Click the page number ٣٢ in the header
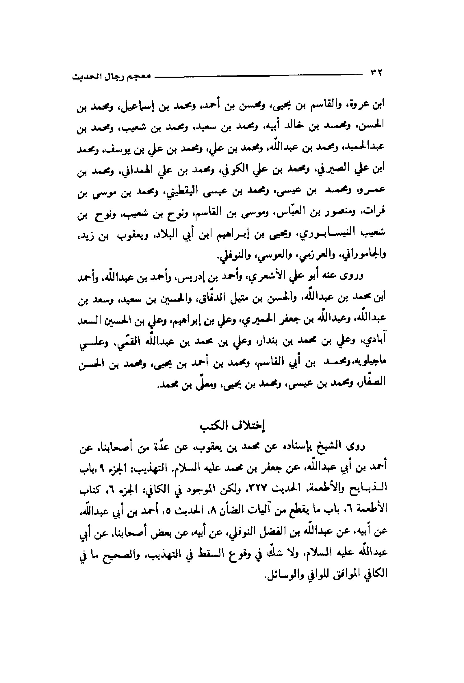(375, 73)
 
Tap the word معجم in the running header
(141, 77)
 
